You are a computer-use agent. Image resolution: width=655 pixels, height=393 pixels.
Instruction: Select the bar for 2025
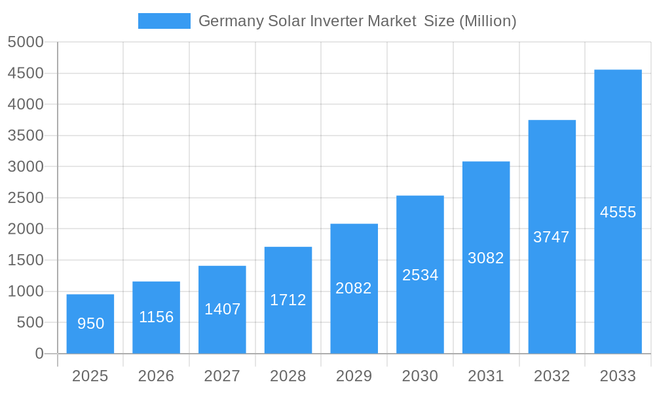point(90,324)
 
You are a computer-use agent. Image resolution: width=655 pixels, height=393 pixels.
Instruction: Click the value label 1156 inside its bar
point(157,317)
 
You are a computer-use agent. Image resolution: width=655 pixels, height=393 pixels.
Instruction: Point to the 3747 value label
point(552,237)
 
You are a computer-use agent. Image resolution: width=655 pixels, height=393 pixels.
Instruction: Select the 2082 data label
point(354,288)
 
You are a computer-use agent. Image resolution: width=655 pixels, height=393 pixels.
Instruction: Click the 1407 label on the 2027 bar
point(223,309)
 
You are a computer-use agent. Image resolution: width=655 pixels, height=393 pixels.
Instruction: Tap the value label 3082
point(486,258)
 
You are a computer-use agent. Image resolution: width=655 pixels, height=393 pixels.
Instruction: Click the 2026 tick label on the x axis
point(157,376)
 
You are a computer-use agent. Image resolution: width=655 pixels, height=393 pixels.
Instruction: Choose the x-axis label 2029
point(354,376)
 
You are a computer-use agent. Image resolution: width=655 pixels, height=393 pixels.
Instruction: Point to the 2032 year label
point(552,376)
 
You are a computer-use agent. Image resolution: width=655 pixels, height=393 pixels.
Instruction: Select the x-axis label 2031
point(486,376)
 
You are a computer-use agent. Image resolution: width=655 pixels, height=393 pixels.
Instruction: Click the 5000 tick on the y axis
point(26,43)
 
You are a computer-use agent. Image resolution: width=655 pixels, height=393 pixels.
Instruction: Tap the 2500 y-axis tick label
point(26,198)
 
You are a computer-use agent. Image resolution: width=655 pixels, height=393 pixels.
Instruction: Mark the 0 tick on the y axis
point(39,354)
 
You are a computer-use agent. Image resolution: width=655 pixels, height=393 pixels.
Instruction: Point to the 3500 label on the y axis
point(26,136)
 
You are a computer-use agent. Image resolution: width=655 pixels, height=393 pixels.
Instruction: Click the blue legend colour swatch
point(164,21)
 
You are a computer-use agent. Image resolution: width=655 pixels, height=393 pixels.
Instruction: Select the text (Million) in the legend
point(487,21)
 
